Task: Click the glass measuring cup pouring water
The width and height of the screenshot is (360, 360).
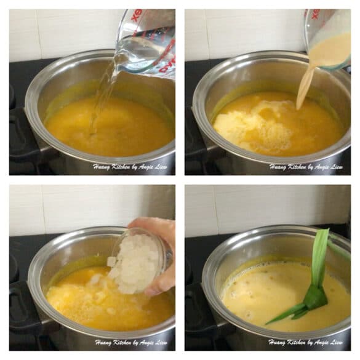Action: click(148, 43)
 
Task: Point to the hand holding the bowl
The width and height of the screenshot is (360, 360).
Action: click(161, 252)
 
